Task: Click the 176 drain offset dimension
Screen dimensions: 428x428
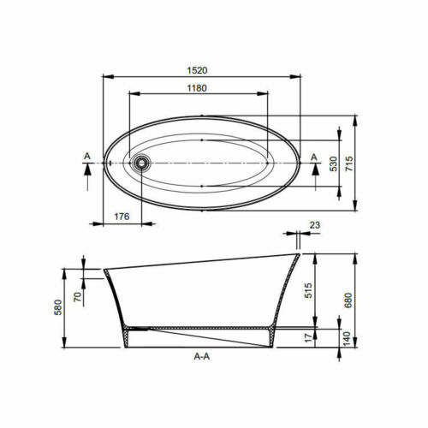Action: point(122,217)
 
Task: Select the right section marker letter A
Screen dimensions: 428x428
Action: point(314,156)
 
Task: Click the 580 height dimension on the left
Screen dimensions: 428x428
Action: point(57,306)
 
